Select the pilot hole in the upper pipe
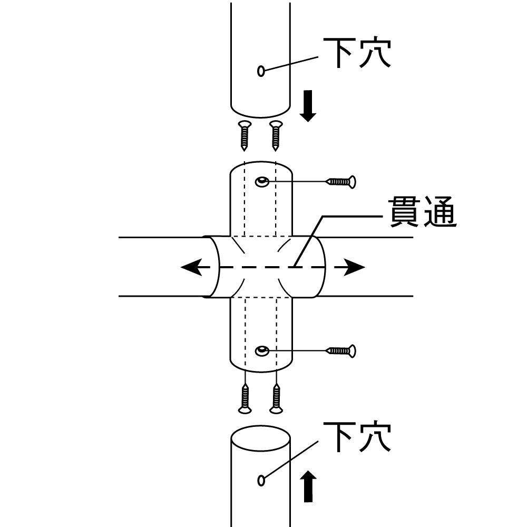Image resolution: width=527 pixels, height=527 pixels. (x=261, y=71)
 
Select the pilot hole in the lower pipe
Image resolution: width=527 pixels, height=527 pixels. (x=261, y=480)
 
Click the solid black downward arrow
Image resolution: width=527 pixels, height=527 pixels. (x=308, y=105)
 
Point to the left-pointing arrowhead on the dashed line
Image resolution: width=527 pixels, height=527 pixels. (x=191, y=267)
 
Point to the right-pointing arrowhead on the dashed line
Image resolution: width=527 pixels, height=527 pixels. (x=355, y=267)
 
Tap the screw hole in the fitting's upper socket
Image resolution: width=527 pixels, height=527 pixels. (x=262, y=182)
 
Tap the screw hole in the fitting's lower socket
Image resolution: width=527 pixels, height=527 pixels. (x=262, y=350)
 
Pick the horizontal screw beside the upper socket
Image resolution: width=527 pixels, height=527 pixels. (x=341, y=182)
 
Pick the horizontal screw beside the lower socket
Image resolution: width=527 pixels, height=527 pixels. (x=341, y=350)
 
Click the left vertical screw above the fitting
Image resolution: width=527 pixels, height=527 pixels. (x=245, y=134)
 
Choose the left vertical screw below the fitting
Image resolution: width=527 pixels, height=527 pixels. (x=245, y=399)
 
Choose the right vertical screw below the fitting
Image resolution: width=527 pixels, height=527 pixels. (x=276, y=399)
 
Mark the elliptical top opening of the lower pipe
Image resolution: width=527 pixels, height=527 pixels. (x=261, y=437)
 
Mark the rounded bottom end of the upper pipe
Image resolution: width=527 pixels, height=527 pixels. (x=261, y=112)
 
